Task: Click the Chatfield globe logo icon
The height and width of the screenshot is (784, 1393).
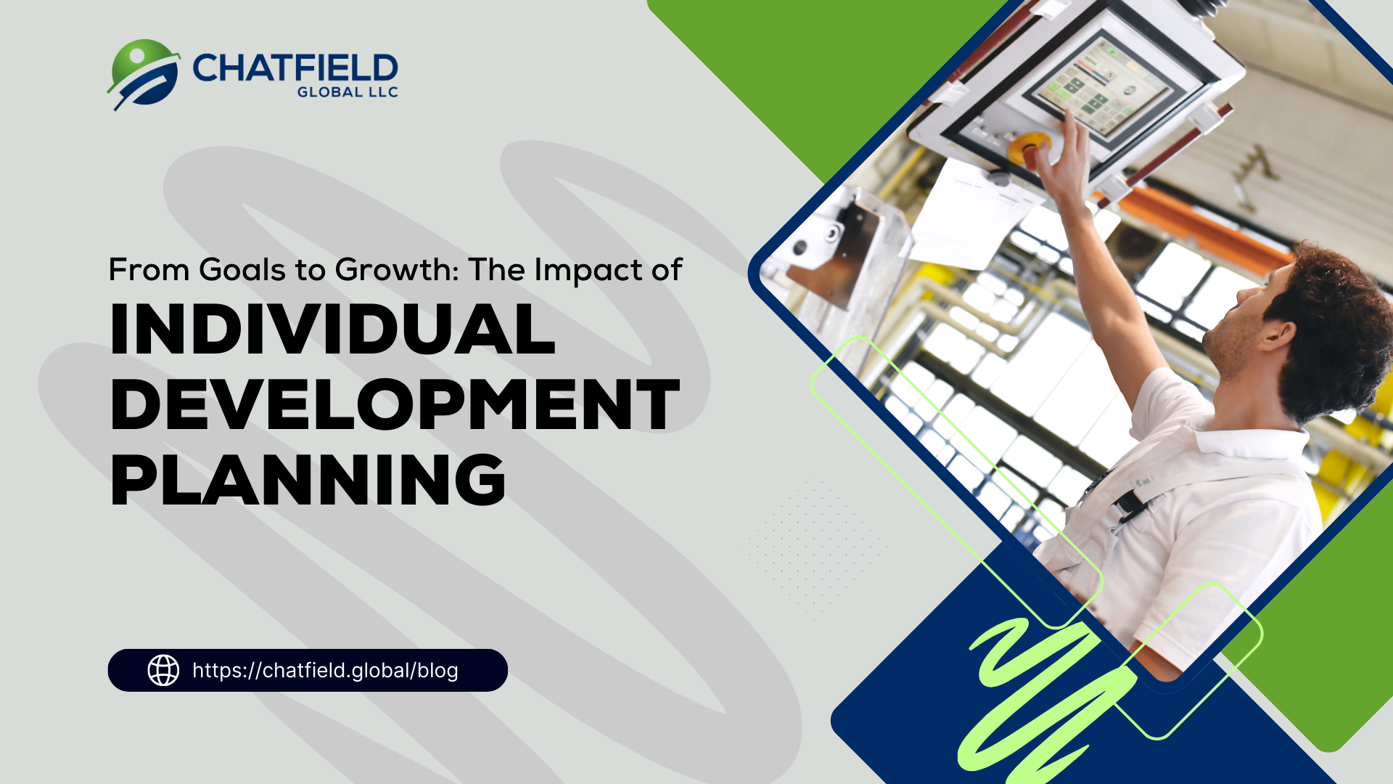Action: coord(144,74)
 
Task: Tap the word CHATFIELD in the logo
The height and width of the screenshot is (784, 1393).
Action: coord(295,68)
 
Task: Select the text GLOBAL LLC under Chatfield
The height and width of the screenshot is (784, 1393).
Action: coord(348,92)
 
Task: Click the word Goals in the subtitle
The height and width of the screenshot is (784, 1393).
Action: coord(242,270)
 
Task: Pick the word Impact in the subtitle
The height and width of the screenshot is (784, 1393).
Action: coord(588,271)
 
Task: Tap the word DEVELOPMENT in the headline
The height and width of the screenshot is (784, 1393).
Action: coord(395,404)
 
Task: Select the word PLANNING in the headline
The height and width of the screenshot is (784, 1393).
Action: coord(308,480)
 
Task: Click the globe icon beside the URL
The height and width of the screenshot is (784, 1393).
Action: coord(163,670)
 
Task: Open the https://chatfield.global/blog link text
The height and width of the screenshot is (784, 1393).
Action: coord(325,670)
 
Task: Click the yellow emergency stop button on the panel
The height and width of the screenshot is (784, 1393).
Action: coord(1028,147)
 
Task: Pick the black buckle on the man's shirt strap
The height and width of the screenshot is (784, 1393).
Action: coord(1128,505)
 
